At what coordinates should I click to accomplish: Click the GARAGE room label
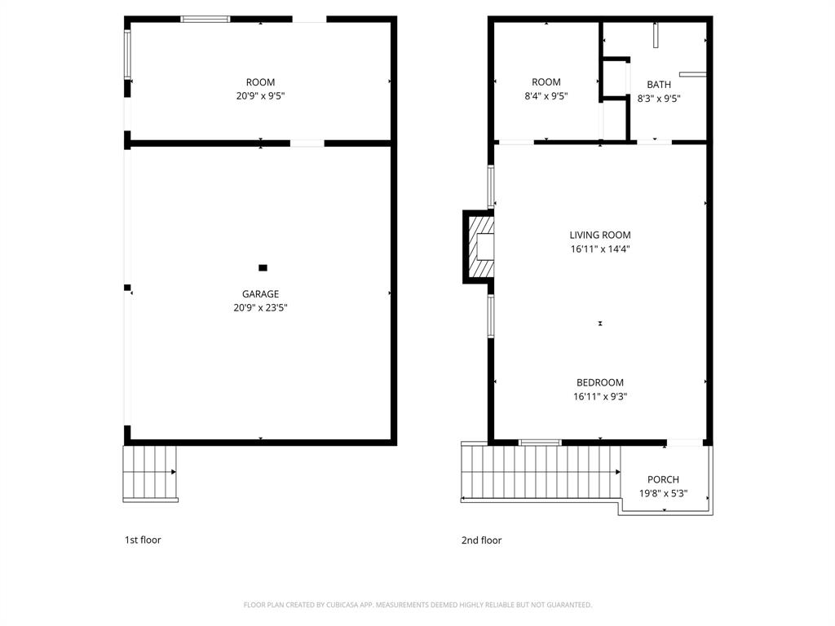click(260, 294)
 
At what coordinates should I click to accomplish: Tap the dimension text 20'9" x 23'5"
click(260, 308)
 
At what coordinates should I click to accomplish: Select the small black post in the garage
click(263, 267)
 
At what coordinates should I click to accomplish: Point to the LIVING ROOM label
click(599, 236)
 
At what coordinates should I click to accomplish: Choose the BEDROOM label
click(599, 383)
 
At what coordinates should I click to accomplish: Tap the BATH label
click(659, 85)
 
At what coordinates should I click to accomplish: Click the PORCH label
click(663, 479)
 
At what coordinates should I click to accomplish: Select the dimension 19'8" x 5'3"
click(663, 493)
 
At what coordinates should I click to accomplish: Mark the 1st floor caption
click(143, 540)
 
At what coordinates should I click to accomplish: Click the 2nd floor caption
click(481, 540)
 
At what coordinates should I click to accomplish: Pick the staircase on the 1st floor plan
click(150, 473)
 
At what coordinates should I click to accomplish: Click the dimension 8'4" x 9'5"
click(546, 96)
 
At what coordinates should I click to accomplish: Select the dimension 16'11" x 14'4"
click(599, 249)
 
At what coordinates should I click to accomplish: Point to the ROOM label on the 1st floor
click(260, 82)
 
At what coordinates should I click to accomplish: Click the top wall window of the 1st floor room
click(205, 19)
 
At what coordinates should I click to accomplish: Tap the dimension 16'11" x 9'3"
click(599, 397)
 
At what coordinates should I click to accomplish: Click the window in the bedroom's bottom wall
click(540, 443)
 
